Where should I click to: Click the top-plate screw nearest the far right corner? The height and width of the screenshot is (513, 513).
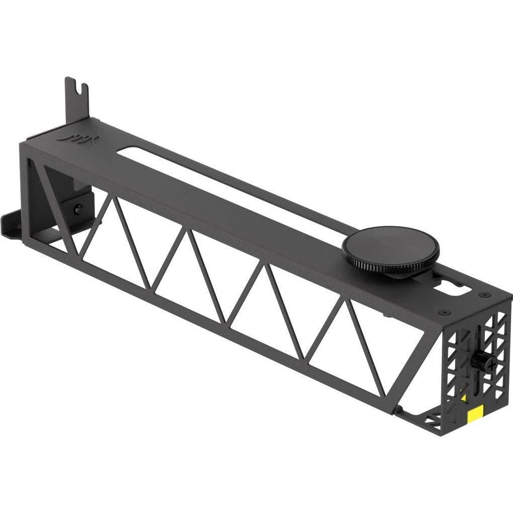(483, 294)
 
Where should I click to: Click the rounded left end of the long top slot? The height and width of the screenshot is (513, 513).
(126, 152)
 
